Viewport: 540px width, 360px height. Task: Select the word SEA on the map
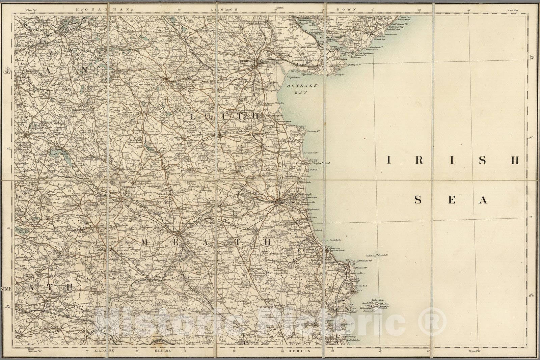click(451, 200)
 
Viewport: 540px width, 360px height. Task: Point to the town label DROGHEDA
click(283, 203)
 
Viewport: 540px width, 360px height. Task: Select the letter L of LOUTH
click(194, 116)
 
